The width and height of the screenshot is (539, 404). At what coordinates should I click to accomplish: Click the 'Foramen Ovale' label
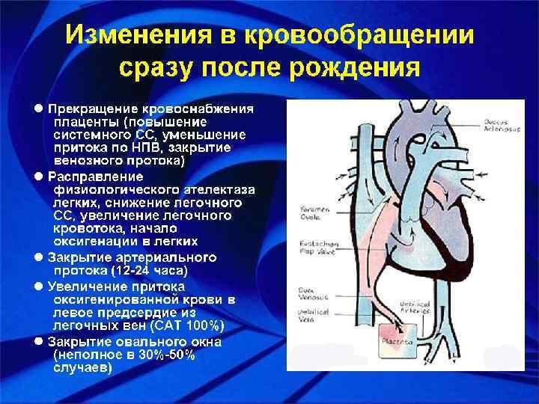(x=308, y=213)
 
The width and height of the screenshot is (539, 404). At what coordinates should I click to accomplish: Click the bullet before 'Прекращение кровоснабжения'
(x=40, y=108)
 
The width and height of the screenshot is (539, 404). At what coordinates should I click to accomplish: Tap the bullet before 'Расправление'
(x=40, y=176)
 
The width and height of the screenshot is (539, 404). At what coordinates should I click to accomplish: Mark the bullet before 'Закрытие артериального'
(x=40, y=257)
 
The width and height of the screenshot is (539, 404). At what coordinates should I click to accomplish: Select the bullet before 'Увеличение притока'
(x=40, y=286)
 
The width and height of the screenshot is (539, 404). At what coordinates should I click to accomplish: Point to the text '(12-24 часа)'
(x=150, y=270)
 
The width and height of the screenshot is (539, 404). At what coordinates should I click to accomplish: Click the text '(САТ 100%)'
(x=186, y=326)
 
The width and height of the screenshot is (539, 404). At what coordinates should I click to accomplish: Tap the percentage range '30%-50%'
(x=167, y=355)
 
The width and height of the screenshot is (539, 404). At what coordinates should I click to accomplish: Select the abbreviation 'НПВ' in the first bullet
(x=152, y=148)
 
